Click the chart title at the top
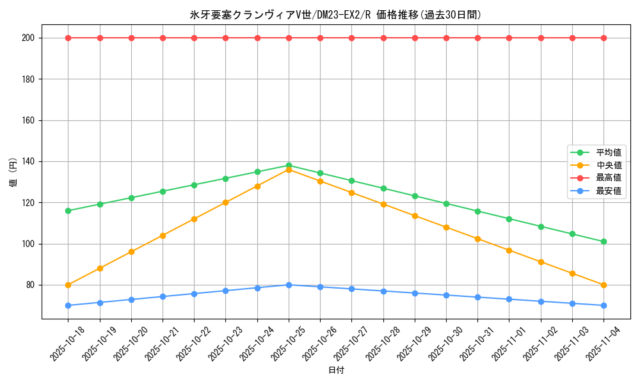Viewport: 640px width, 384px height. (x=335, y=15)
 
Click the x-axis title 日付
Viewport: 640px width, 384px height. (x=336, y=371)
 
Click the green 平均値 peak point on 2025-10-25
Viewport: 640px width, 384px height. (x=289, y=166)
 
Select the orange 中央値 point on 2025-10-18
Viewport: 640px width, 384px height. (x=68, y=285)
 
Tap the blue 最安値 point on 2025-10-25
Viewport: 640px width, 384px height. (x=289, y=285)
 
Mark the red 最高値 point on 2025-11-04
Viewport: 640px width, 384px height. (x=604, y=38)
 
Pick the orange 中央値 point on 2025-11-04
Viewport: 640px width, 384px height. (x=604, y=285)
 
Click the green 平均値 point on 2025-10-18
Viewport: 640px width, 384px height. (x=68, y=211)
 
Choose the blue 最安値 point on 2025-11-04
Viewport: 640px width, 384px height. (x=604, y=305)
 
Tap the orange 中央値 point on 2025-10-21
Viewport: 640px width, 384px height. (x=163, y=236)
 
